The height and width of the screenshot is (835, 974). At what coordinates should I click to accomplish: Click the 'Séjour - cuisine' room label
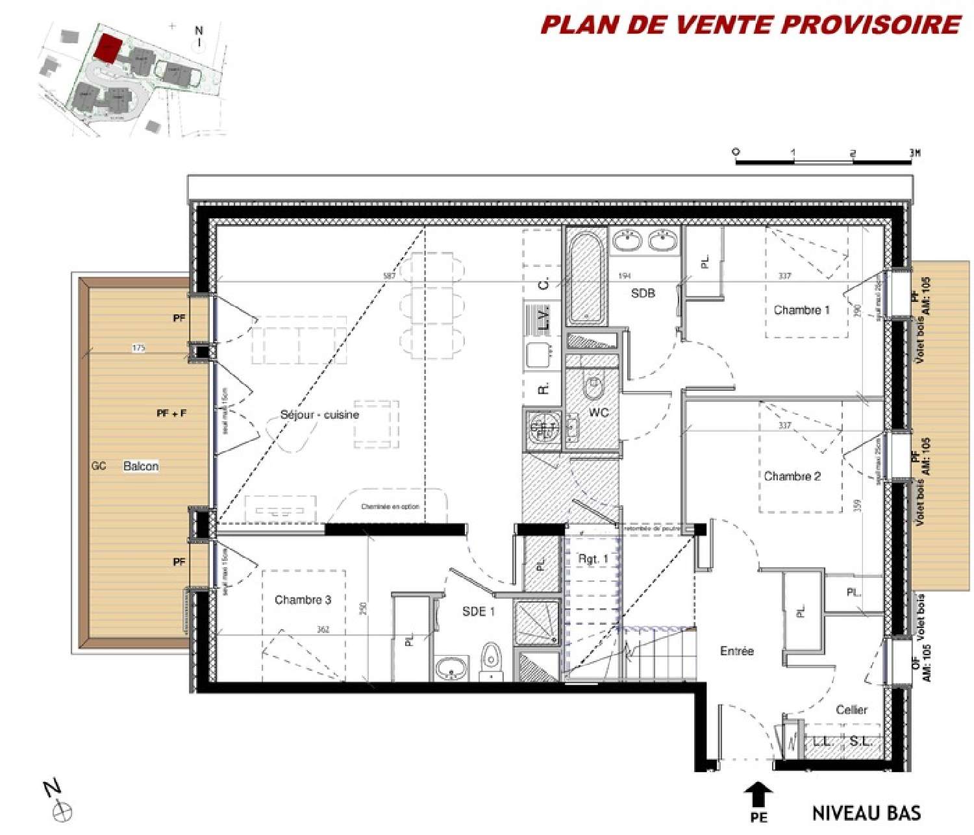319,414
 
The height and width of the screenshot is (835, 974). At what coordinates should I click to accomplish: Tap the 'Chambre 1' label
801,310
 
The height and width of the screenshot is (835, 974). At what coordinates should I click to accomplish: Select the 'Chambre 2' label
792,476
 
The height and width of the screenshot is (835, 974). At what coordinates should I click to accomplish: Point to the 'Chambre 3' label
303,599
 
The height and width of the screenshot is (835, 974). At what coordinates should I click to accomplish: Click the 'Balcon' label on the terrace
141,466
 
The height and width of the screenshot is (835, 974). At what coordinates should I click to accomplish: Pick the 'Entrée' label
737,651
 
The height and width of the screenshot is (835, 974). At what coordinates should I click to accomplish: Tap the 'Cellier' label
851,710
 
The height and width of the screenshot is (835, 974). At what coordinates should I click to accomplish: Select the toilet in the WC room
593,386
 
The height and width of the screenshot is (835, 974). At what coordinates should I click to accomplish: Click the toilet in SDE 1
492,661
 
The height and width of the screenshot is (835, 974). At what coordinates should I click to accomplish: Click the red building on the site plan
107,49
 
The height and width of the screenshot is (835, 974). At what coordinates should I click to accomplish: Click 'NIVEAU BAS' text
866,813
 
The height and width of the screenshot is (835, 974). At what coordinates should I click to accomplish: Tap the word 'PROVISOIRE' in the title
870,25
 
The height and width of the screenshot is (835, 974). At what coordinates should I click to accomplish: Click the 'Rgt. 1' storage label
593,558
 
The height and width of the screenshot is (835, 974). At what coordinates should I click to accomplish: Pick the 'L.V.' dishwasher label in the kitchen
544,318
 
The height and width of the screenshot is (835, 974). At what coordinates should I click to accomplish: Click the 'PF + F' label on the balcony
171,413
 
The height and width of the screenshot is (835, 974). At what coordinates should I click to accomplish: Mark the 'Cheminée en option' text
390,506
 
